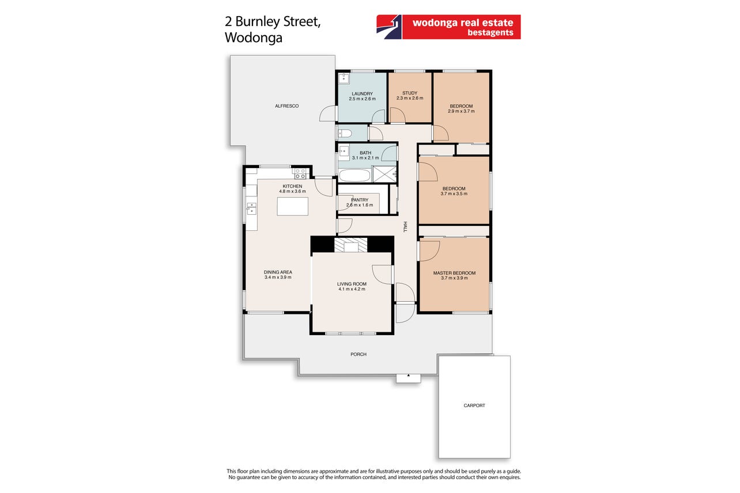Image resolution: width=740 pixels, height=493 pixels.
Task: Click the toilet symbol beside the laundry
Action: point(345,134)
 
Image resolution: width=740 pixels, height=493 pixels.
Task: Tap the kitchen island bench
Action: point(292,206)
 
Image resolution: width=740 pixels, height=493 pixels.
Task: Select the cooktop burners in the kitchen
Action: point(300,174)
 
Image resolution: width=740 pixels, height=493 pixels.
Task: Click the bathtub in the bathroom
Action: point(354,175)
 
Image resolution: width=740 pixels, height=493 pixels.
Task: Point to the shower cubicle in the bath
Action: point(384,174)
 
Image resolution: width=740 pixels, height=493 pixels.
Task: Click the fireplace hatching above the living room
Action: point(350,245)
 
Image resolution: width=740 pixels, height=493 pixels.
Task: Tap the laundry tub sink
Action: point(344,79)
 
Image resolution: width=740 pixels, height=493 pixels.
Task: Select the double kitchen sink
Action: point(251,208)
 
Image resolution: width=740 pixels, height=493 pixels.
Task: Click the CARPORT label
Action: point(474,405)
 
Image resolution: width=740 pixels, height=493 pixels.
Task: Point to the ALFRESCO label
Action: point(287,106)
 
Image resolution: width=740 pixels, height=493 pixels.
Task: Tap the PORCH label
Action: point(358,354)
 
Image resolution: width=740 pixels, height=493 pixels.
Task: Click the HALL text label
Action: point(405,227)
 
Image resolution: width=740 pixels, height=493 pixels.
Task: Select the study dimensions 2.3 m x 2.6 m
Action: point(410,98)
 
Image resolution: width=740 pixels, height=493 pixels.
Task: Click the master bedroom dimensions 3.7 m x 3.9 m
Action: point(454,278)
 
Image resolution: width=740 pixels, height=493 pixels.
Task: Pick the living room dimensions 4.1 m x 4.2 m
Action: point(352,289)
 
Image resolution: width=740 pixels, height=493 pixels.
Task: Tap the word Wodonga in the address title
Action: point(254,37)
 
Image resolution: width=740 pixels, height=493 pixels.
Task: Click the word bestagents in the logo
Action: point(490,32)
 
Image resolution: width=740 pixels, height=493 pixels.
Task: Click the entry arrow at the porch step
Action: point(408,376)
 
